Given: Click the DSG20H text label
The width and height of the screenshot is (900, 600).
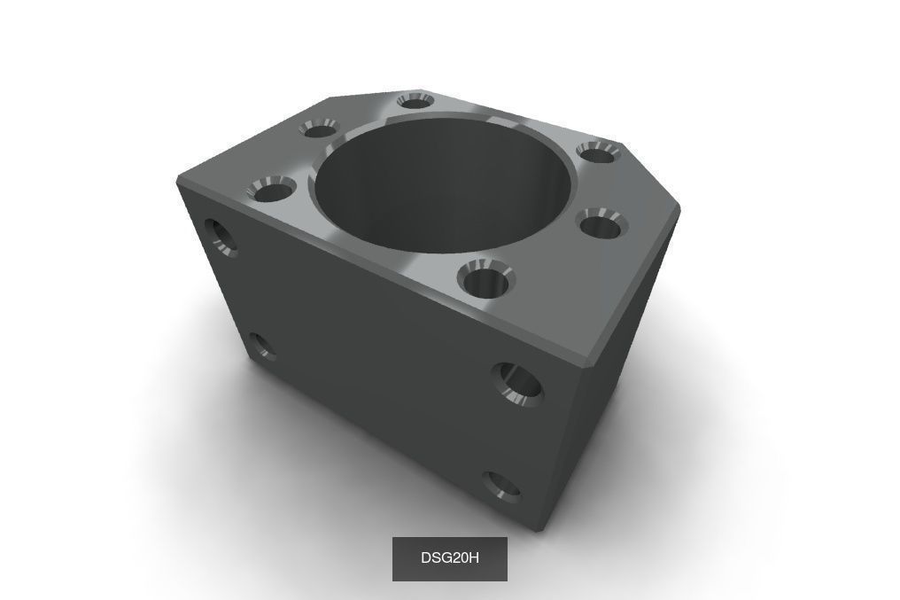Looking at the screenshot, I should pyautogui.click(x=449, y=558).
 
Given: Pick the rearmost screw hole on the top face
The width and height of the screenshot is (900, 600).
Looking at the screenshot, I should pyautogui.click(x=414, y=101).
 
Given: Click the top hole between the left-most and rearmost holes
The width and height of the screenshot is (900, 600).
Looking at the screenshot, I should pyautogui.click(x=318, y=129).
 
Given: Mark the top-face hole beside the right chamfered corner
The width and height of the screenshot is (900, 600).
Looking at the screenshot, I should pyautogui.click(x=597, y=153).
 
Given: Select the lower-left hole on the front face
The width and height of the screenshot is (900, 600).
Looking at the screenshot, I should pyautogui.click(x=260, y=347).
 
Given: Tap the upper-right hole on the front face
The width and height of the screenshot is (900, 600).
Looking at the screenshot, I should pyautogui.click(x=519, y=383).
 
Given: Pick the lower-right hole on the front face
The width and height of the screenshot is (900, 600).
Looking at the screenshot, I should pyautogui.click(x=502, y=484).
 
